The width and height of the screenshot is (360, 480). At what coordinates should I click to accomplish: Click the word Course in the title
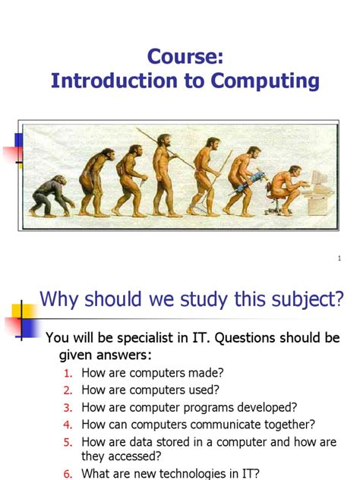coord(180,58)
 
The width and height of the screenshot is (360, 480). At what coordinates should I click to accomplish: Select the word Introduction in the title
coord(115,81)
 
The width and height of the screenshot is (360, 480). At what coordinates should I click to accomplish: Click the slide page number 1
coord(339,259)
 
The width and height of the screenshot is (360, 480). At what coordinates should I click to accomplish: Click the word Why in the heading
coord(61,300)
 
